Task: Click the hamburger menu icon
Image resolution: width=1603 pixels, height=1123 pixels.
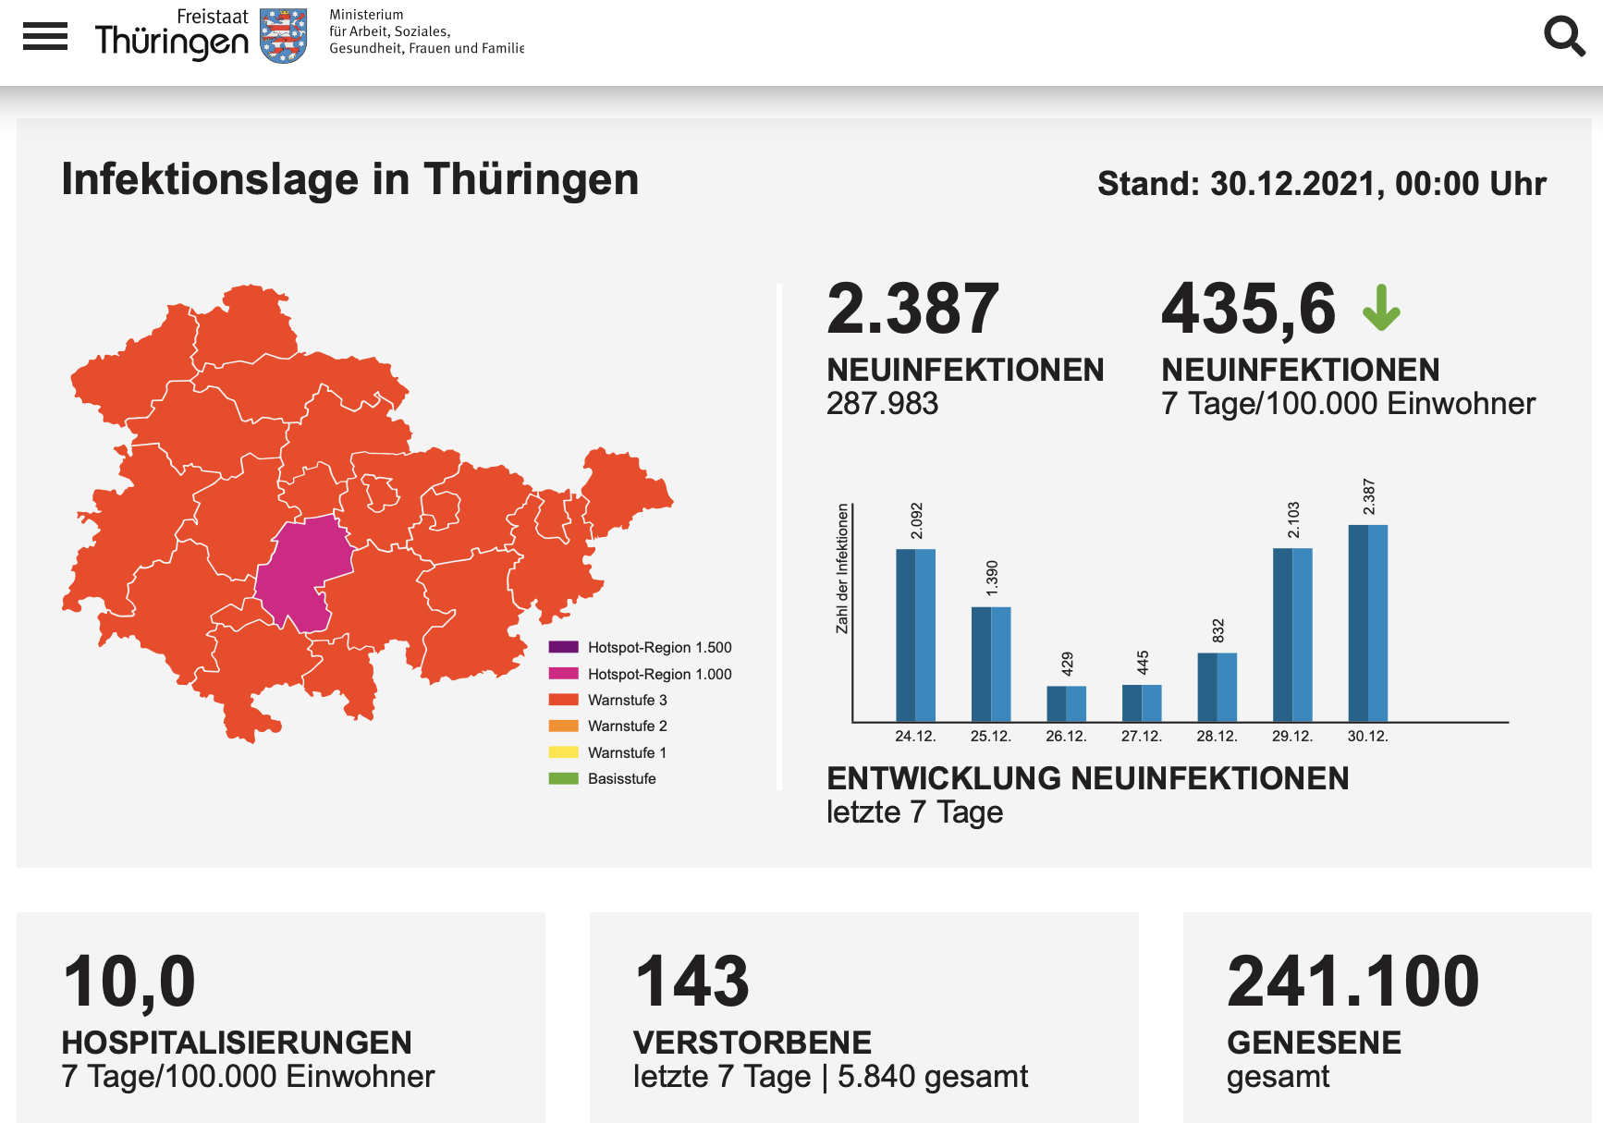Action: point(45,36)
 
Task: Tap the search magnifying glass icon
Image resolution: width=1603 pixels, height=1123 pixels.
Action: point(1564,36)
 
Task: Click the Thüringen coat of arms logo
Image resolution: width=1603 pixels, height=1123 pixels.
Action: point(283,36)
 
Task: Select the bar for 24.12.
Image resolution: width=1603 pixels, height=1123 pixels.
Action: point(915,635)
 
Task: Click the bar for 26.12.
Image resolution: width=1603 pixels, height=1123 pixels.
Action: point(1066,703)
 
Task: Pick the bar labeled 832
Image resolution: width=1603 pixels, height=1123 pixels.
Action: point(1217,687)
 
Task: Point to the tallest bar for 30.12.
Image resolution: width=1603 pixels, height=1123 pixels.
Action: point(1367,623)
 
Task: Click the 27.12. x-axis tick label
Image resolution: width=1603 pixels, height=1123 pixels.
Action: point(1141,737)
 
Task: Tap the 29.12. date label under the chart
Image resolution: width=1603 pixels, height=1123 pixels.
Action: point(1291,737)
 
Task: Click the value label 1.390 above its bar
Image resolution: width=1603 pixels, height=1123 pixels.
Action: point(992,578)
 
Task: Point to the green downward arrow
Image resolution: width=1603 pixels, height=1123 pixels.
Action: point(1381,308)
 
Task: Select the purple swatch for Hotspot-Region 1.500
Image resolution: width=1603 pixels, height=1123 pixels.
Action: point(563,647)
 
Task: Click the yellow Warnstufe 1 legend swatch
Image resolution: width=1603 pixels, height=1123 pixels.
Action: point(563,752)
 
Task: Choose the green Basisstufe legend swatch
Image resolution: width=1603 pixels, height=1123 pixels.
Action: point(563,778)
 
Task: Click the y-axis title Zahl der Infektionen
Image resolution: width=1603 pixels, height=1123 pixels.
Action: point(842,568)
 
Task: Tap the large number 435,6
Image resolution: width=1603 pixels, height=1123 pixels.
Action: point(1249,309)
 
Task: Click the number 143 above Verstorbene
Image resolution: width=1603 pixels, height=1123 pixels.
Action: point(692,982)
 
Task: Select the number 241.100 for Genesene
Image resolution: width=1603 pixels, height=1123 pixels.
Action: point(1353,982)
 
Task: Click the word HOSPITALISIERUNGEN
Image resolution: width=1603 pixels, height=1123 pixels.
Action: point(237,1043)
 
